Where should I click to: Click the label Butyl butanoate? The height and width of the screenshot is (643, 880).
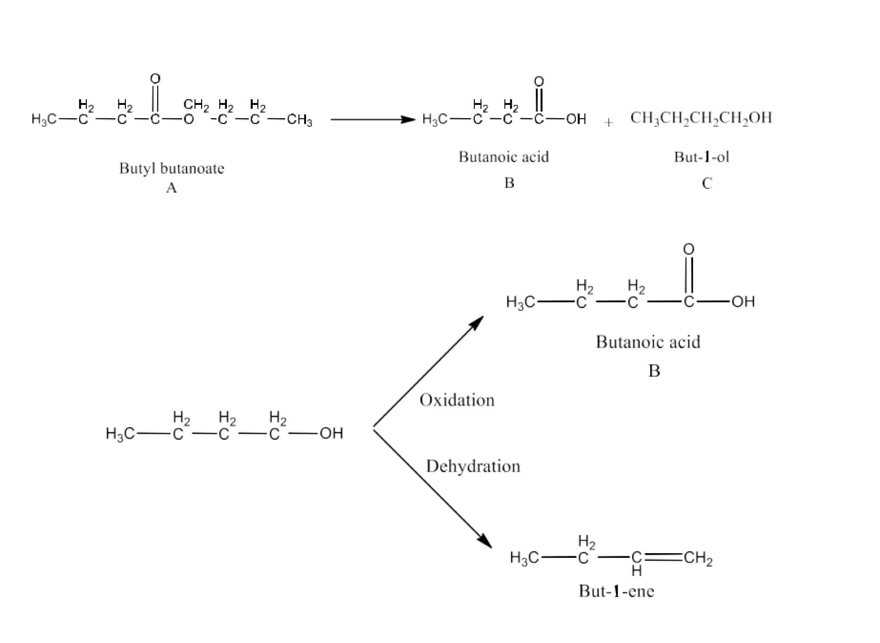tap(171, 168)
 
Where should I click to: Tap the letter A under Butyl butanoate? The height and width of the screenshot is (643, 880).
tap(171, 187)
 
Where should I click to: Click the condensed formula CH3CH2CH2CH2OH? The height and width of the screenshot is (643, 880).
tap(701, 118)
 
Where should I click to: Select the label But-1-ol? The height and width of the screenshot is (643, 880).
tap(701, 157)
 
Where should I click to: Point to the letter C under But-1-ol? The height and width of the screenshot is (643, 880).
tap(706, 184)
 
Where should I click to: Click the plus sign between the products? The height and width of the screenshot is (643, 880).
tap(608, 122)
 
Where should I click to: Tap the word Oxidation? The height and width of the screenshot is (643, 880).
tap(457, 400)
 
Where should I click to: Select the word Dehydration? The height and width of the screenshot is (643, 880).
tap(473, 466)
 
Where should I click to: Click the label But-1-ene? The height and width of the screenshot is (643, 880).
tap(616, 591)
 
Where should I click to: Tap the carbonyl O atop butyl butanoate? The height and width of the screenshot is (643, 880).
tap(155, 79)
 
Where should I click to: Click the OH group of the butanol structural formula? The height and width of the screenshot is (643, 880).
tap(331, 433)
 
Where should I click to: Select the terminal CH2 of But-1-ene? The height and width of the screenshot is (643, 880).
tap(698, 558)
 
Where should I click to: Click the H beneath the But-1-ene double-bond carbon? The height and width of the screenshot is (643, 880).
tap(637, 571)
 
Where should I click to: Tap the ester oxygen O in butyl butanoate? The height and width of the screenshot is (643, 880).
tap(189, 120)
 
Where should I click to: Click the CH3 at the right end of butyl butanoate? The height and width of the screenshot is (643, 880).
tap(299, 120)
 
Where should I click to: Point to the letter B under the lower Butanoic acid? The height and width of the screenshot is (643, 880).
tap(654, 370)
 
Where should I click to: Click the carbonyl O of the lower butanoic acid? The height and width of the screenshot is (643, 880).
tap(688, 249)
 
